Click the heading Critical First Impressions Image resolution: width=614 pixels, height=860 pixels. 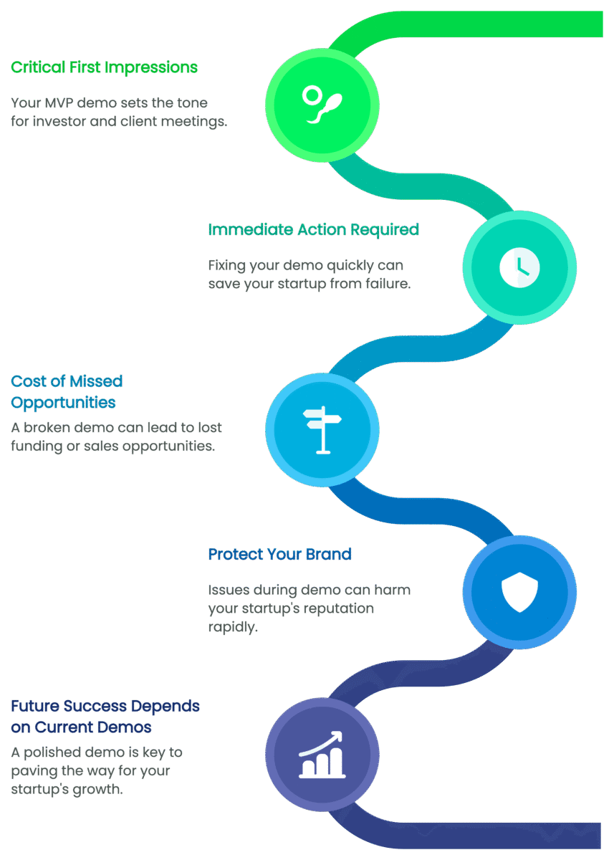click(x=104, y=68)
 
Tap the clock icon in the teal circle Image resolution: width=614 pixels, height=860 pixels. click(x=519, y=267)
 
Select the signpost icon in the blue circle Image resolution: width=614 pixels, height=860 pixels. click(x=322, y=429)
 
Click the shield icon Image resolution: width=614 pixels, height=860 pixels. click(x=519, y=592)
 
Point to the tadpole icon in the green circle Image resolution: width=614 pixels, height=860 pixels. click(x=322, y=103)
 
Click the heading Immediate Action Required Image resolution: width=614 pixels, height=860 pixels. click(x=313, y=230)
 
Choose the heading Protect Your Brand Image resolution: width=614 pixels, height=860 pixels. click(x=279, y=555)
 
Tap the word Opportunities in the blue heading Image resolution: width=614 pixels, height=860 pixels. click(x=63, y=402)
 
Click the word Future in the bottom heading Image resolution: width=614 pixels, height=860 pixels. click(x=35, y=707)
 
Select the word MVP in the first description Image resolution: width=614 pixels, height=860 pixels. click(x=53, y=102)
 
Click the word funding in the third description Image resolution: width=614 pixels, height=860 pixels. click(x=36, y=446)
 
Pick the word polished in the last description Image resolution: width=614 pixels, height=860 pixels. click(x=57, y=752)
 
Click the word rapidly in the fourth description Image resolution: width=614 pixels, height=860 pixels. click(x=232, y=626)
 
